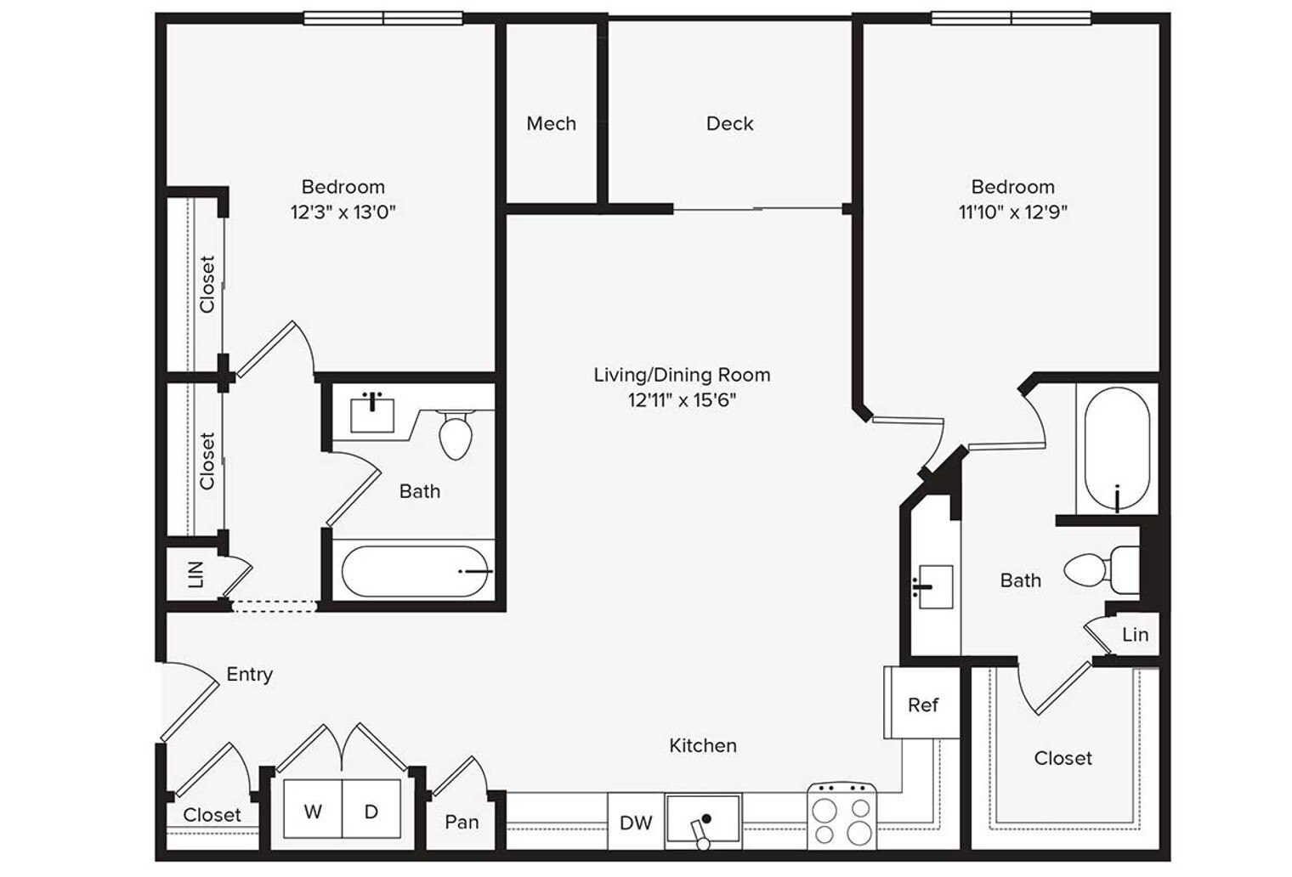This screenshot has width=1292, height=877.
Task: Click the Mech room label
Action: click(551, 123)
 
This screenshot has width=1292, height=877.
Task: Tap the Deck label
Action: click(729, 123)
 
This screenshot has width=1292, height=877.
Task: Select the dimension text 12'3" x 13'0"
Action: click(343, 212)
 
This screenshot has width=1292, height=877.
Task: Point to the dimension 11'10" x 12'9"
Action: click(1013, 212)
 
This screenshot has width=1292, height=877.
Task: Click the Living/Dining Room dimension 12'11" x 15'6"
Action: click(683, 399)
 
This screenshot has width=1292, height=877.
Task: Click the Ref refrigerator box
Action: click(921, 702)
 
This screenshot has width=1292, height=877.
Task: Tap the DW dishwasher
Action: click(636, 822)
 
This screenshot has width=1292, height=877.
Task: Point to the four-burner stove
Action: click(841, 816)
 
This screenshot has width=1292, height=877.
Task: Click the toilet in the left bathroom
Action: click(456, 434)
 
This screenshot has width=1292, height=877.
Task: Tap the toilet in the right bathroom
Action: click(1101, 569)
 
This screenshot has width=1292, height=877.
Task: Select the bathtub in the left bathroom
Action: click(415, 571)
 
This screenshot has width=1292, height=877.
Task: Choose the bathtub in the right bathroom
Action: click(1117, 450)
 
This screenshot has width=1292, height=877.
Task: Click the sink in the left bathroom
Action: click(372, 413)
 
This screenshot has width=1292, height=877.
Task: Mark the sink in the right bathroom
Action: click(934, 587)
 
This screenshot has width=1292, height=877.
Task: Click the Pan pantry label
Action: click(462, 822)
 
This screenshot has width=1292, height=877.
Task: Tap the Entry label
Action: click(249, 674)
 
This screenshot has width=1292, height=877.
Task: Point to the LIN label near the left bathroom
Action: click(196, 574)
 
